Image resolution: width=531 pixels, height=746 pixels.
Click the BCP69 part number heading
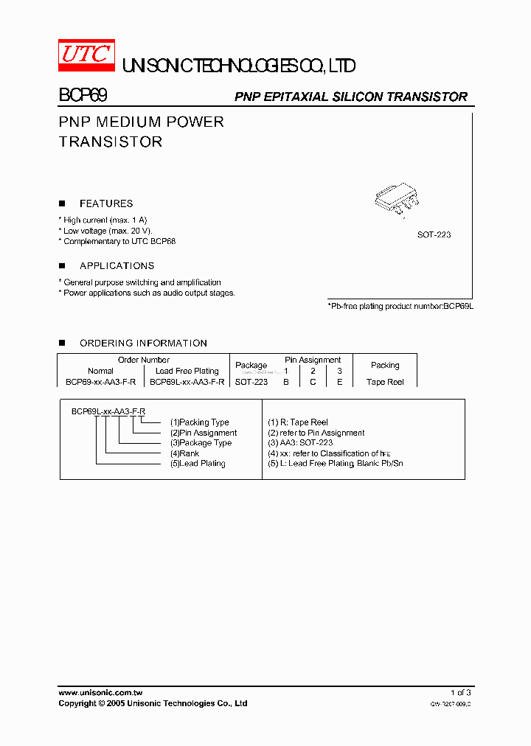coord(83,96)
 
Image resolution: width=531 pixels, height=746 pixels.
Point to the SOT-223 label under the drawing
coord(434,234)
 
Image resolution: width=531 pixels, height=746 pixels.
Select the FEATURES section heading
coord(106,203)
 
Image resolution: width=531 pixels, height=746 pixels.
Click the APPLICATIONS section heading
coord(117,265)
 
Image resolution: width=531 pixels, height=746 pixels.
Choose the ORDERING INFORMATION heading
coord(143,343)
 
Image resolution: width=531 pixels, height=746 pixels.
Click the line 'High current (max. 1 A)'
coord(105,220)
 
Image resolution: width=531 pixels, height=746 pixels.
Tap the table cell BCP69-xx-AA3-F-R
coord(100,383)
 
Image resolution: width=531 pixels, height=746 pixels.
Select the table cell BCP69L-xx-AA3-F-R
coord(187,383)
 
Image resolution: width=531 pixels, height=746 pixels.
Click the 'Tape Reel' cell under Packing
coord(385,383)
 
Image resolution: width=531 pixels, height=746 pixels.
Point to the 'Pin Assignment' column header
coord(313,360)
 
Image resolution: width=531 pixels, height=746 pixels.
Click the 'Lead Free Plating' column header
coord(187,371)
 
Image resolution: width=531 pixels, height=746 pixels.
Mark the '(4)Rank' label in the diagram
coord(184,453)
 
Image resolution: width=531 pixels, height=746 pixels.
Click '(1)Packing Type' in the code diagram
coord(199,422)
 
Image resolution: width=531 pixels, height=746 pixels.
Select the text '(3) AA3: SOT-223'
coord(300,443)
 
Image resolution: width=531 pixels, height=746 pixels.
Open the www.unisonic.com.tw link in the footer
coord(100,693)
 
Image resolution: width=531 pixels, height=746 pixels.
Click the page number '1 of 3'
coord(460,693)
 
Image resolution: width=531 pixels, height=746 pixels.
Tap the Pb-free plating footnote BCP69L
coord(400,305)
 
